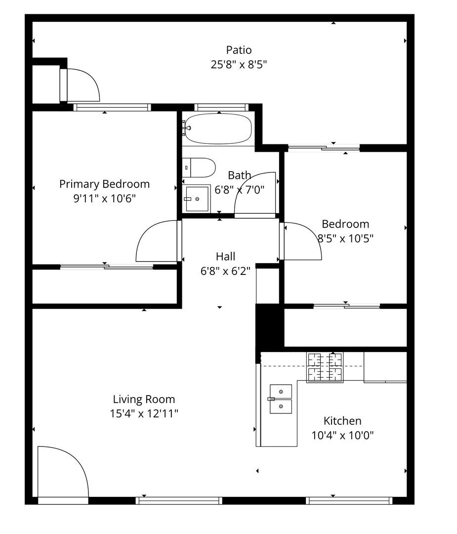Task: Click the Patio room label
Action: (239, 50)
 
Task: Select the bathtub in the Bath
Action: (217, 129)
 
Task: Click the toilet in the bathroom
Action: (199, 168)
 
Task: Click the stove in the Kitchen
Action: (325, 367)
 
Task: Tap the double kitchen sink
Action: (281, 399)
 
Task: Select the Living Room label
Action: (144, 399)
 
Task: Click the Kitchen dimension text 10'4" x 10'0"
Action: (342, 436)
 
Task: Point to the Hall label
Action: (225, 257)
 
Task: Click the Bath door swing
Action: (256, 196)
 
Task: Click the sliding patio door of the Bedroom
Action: (324, 147)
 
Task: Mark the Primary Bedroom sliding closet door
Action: (107, 267)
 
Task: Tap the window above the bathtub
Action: (220, 107)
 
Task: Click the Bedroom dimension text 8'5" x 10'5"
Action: (345, 238)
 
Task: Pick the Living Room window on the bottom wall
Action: (179, 500)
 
